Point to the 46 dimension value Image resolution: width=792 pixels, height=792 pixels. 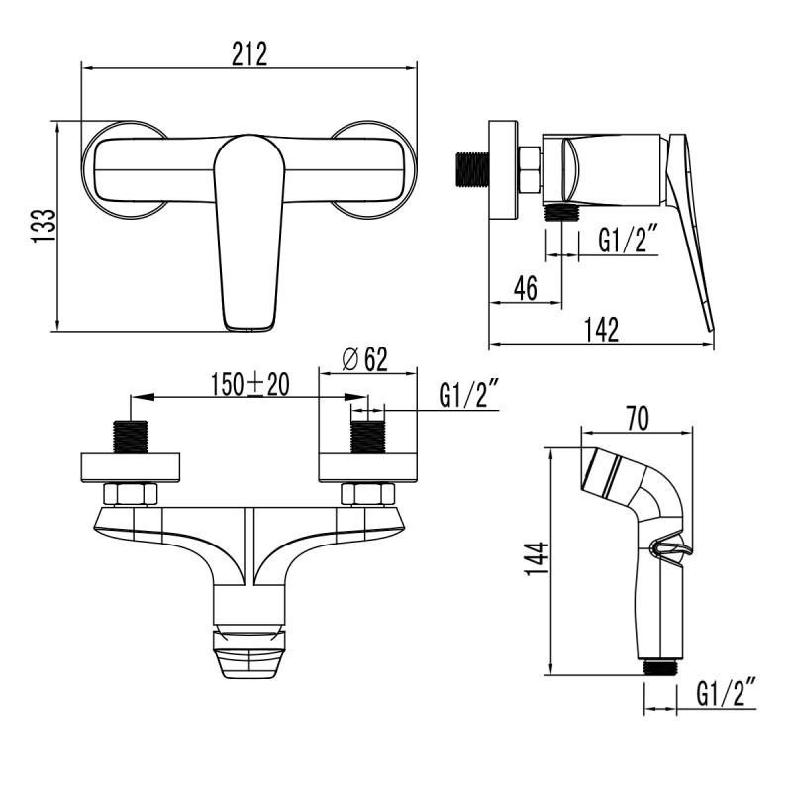pyautogui.click(x=526, y=288)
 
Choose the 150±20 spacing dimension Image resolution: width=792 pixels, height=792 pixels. pyautogui.click(x=249, y=384)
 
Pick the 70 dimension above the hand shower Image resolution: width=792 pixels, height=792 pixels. pyautogui.click(x=636, y=419)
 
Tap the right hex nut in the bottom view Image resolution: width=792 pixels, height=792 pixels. pyautogui.click(x=368, y=494)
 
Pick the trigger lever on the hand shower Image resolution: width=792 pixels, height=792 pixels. pyautogui.click(x=671, y=551)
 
